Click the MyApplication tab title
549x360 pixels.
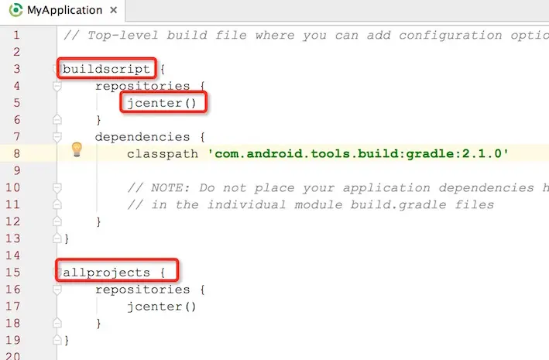[64, 10]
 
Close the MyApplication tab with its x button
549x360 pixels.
[114, 11]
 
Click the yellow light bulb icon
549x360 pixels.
[77, 149]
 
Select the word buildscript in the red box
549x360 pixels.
[107, 68]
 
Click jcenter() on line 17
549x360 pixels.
[162, 306]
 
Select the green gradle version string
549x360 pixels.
[358, 153]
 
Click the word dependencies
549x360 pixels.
[142, 136]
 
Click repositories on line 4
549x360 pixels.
[142, 85]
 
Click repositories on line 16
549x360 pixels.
[142, 289]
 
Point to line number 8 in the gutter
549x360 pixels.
[17, 153]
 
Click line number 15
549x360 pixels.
[14, 272]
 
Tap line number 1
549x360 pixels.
[17, 35]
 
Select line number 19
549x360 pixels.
[14, 340]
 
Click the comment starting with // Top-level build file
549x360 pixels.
[302, 35]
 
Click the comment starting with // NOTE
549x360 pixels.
[333, 187]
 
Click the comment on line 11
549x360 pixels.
[310, 204]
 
